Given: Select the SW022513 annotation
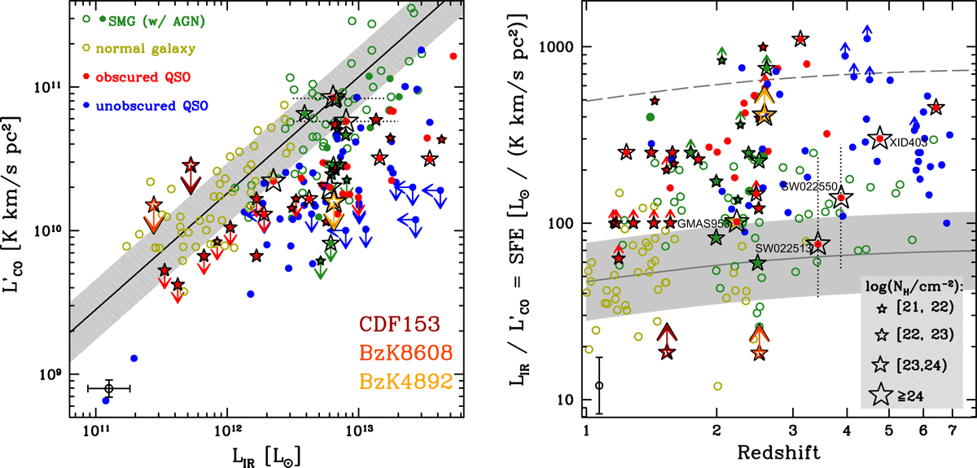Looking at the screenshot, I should (782, 248).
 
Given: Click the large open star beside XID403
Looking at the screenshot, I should (878, 139).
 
